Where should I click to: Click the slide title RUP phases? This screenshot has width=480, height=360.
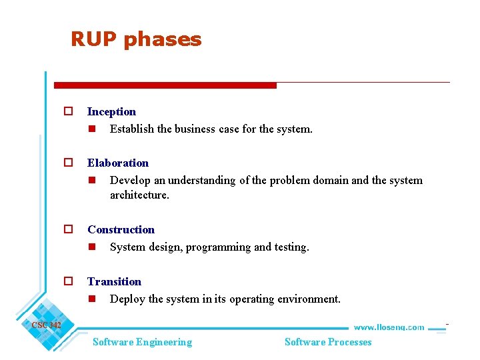136,39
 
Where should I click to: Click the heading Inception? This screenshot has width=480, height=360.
111,111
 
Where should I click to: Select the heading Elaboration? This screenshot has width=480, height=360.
118,163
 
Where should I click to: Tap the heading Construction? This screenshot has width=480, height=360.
121,229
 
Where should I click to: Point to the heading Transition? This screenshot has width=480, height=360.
114,281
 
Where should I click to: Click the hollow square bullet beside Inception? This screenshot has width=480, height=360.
67,112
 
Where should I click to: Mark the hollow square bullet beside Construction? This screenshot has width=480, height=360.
67,229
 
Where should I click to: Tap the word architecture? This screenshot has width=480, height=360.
139,195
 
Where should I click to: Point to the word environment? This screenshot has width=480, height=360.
308,299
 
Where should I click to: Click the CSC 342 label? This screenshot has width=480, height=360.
46,325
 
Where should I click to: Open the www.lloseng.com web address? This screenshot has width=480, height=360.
388,327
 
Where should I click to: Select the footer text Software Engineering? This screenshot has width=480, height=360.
142,342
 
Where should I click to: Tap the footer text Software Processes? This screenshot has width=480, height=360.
328,342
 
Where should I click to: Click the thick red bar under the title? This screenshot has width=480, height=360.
165,85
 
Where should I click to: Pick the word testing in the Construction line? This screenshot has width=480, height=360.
291,247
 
